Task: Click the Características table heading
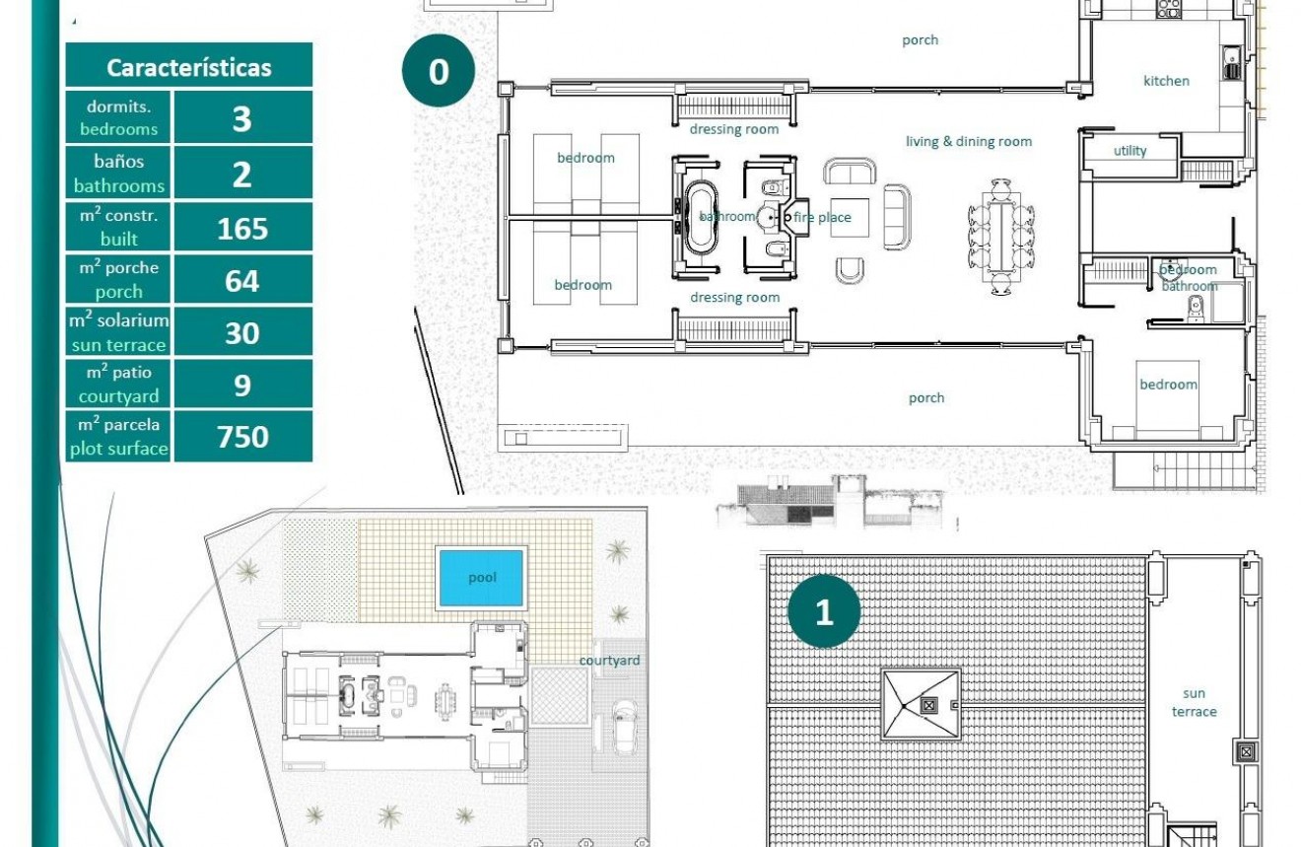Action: (188, 67)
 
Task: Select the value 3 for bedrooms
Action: (241, 118)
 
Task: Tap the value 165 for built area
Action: (241, 228)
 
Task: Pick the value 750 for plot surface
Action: (241, 436)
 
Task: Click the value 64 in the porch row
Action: (241, 281)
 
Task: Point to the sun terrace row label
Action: (118, 332)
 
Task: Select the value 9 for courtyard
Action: (241, 385)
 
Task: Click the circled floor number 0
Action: (439, 71)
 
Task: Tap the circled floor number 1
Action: (824, 612)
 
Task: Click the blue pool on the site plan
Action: (481, 578)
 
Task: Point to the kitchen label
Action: (1166, 81)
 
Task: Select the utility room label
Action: (1130, 151)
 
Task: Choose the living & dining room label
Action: (968, 141)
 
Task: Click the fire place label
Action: (822, 218)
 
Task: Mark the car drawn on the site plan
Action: (623, 726)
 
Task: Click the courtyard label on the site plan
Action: (609, 661)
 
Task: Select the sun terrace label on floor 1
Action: (1194, 702)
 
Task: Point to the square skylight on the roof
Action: (921, 704)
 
